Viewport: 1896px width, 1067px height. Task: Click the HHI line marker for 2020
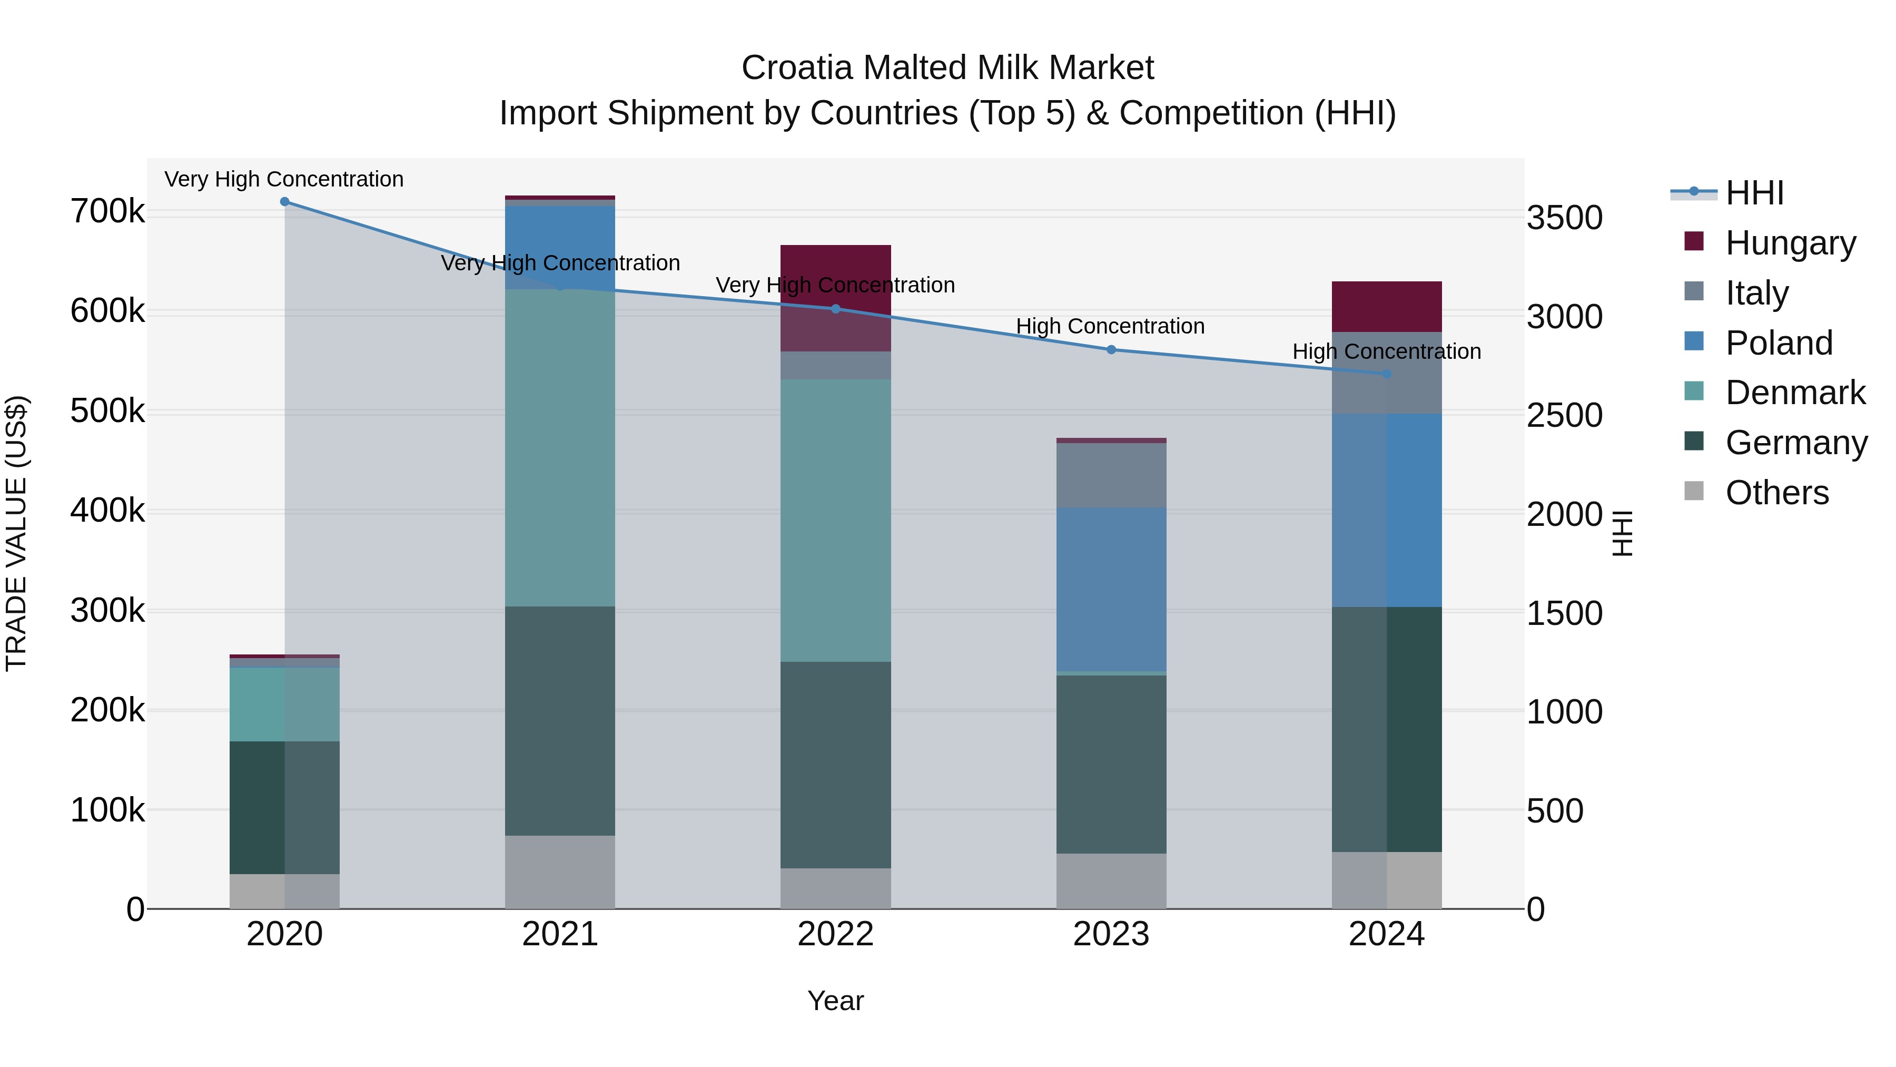point(285,202)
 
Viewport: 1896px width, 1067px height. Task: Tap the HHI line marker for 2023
point(1111,350)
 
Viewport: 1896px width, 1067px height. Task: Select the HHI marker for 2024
point(1387,374)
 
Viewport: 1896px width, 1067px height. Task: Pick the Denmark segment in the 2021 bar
point(560,448)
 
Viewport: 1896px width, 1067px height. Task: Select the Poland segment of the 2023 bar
point(1111,589)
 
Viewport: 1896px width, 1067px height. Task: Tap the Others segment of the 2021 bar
point(560,872)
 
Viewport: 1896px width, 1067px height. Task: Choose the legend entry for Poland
point(1777,343)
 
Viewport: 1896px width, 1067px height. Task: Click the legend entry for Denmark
point(1794,393)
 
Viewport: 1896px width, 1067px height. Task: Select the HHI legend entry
point(1753,193)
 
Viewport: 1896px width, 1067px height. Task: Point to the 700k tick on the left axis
point(107,212)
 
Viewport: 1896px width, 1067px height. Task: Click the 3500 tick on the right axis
point(1564,218)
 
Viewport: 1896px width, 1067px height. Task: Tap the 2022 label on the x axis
point(835,934)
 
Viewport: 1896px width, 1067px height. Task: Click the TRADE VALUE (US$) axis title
point(16,533)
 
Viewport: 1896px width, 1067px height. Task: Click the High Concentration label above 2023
point(1110,326)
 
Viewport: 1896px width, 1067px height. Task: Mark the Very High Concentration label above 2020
point(284,179)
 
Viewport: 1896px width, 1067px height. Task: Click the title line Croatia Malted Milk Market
point(947,68)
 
